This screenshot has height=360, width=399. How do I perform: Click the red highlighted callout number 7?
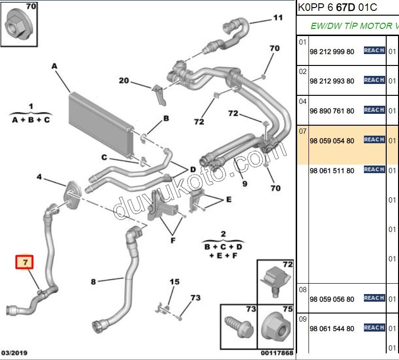tap(25, 262)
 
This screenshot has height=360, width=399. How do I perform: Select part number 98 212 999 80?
tap(332, 52)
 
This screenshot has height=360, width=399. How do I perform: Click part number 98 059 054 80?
tap(332, 141)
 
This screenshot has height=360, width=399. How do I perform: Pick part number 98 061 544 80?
tap(332, 329)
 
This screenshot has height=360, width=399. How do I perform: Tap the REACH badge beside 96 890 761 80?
tap(374, 110)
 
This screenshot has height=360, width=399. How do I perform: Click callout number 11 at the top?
tap(277, 18)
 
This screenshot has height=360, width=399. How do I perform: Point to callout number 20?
tap(124, 81)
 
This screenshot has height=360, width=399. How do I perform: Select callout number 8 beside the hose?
tap(93, 282)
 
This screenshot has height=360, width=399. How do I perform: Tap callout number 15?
tap(174, 282)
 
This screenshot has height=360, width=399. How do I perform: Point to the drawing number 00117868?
tap(277, 353)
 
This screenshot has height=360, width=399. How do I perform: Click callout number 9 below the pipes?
tap(245, 183)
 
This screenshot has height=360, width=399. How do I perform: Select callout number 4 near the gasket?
tap(40, 177)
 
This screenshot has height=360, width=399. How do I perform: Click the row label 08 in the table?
tap(303, 289)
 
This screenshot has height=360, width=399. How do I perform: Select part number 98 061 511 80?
tap(332, 171)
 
